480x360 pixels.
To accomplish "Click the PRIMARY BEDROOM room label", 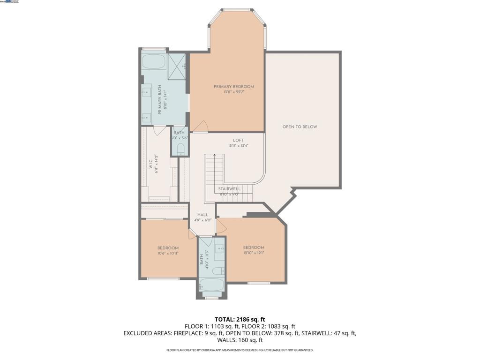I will click(233, 87).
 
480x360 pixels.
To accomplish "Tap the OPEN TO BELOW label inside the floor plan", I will click(300, 127).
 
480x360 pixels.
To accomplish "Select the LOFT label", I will click(238, 140).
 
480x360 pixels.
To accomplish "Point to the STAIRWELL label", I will click(229, 189).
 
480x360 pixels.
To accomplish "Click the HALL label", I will click(202, 215).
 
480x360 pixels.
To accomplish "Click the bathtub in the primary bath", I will click(153, 62).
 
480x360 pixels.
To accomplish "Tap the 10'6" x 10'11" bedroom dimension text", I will click(168, 253).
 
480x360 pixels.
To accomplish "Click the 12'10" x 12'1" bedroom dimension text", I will click(254, 253).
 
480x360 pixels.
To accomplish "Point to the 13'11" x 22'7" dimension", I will click(233, 92).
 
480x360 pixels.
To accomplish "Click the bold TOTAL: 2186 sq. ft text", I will click(240, 320).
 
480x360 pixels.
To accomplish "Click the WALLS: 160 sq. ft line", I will click(240, 340).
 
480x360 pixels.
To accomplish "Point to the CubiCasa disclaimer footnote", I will click(240, 350).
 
